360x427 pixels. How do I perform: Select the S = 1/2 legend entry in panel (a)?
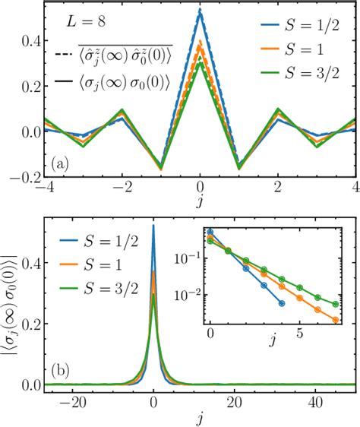305,34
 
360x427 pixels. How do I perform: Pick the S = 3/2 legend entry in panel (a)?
305,79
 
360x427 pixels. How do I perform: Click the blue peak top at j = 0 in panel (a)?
199,10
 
